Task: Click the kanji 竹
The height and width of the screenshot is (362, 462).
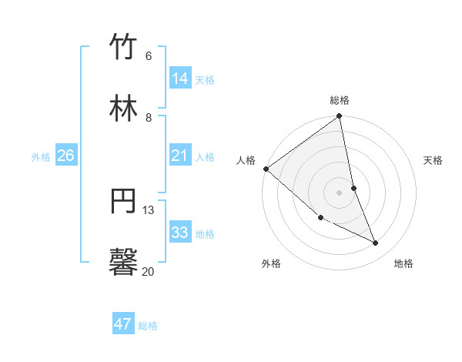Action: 124,47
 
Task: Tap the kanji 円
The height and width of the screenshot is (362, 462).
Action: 124,201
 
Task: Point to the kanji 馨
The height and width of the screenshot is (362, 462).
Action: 124,262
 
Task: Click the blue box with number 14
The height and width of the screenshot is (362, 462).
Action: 179,79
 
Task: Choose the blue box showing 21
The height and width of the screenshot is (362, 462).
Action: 179,156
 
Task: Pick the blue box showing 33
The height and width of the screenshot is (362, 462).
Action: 179,233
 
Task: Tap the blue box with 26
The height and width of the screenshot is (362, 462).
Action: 65,156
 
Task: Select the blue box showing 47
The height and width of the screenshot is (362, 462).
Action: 122,324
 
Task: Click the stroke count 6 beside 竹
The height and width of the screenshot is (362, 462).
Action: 148,56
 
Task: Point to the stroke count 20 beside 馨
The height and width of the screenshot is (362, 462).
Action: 148,271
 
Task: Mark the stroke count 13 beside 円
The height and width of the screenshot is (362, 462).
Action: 148,209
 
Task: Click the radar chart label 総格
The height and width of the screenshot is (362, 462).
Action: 340,100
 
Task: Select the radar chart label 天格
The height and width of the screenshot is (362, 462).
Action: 433,160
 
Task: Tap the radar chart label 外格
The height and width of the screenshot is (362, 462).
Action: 271,263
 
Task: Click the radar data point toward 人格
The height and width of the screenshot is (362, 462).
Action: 266,169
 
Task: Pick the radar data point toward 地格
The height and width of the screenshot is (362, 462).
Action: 376,243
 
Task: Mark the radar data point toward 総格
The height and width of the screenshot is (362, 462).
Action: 340,117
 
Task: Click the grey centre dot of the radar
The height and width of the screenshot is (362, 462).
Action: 340,193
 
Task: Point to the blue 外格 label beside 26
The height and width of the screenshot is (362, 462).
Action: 41,157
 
